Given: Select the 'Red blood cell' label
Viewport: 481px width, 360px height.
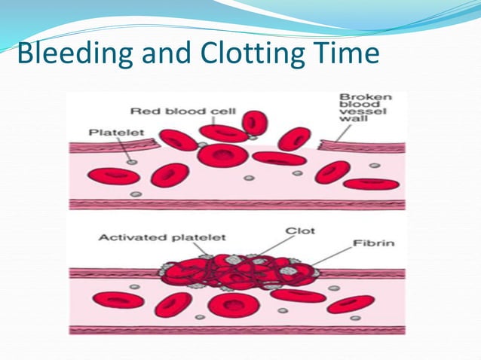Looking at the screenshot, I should point(183,111).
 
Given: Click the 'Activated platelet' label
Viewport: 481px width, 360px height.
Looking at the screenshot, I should point(162,237).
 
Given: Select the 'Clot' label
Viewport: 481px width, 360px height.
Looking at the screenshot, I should point(296,230).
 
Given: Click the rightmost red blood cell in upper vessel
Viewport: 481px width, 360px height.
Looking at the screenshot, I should point(371,183).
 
